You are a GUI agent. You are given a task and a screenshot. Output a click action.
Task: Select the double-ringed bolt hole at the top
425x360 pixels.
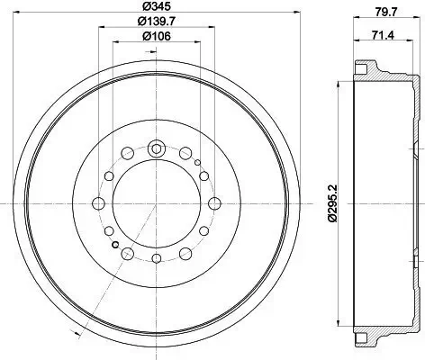pyautogui.click(x=156, y=148)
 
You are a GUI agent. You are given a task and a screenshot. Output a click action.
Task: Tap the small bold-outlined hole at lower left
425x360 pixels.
pyautogui.click(x=114, y=243)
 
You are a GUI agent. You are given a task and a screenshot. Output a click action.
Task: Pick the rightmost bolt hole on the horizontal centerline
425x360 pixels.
pyautogui.click(x=213, y=204)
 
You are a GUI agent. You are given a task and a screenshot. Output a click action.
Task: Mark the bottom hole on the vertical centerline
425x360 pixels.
pyautogui.click(x=156, y=261)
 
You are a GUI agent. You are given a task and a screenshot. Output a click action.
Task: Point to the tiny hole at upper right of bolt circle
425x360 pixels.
pyautogui.click(x=197, y=165)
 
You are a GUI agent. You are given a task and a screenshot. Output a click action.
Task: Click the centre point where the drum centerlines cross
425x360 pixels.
pyautogui.click(x=156, y=204)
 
